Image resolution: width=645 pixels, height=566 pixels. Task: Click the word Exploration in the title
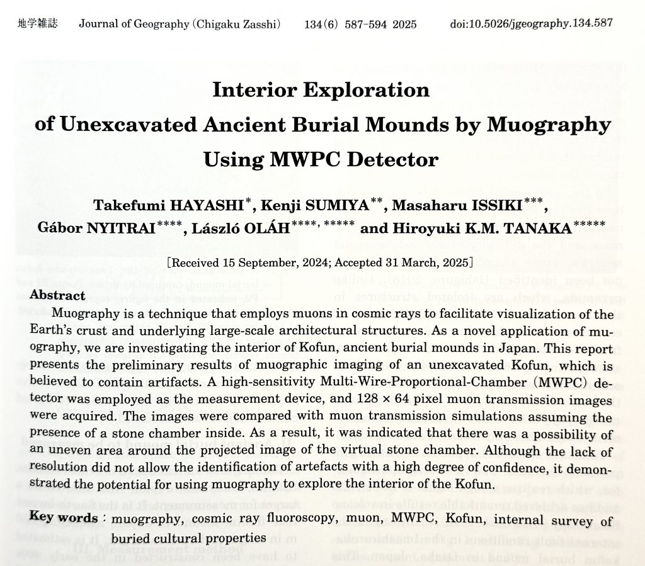click(x=365, y=90)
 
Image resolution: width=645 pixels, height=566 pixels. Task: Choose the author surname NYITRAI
click(x=129, y=227)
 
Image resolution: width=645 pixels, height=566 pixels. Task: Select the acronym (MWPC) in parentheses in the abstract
click(x=540, y=383)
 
